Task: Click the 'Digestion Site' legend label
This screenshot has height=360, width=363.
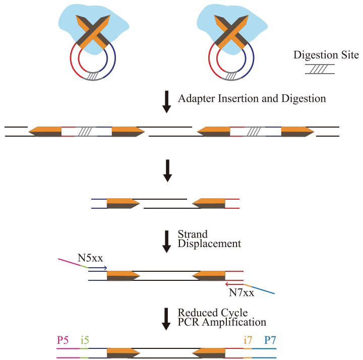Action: tap(326, 54)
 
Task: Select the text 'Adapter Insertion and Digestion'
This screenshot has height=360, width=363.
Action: tap(252, 98)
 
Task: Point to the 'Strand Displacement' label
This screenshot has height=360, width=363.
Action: tap(209, 239)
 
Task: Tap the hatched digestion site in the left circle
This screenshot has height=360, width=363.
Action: tap(93, 76)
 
